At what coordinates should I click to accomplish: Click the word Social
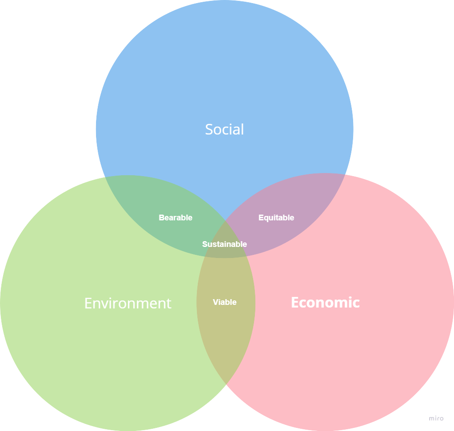[224, 129]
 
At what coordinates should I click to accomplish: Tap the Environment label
[127, 303]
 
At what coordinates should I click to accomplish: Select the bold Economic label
[325, 303]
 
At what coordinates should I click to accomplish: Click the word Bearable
[176, 218]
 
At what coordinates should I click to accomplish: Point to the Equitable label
[276, 218]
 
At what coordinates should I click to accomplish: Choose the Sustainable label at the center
[224, 244]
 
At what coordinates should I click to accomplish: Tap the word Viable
[225, 302]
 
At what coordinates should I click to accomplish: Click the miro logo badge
[436, 418]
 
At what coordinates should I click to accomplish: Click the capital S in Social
[208, 130]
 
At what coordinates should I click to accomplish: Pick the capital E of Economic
[295, 303]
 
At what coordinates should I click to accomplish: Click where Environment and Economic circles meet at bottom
[226, 383]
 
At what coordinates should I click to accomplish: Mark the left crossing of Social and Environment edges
[105, 177]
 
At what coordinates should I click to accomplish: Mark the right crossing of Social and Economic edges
[346, 174]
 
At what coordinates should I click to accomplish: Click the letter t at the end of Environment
[169, 304]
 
